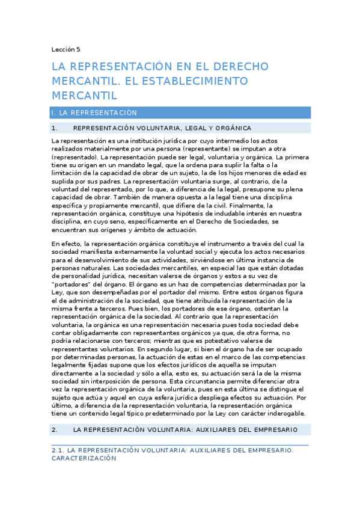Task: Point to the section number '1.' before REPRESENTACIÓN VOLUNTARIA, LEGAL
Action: [54, 128]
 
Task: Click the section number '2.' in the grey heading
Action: [54, 429]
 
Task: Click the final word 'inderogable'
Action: [284, 414]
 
